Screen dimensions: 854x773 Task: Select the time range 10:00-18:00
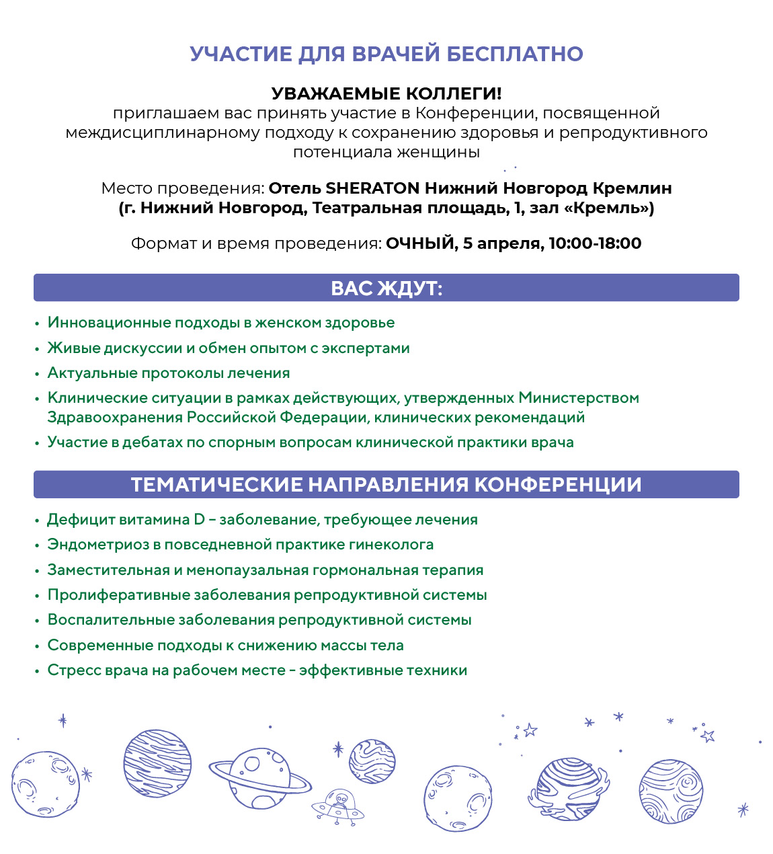coord(595,243)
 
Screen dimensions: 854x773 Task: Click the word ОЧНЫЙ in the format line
coord(420,243)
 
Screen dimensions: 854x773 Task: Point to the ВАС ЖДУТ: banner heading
coord(386,288)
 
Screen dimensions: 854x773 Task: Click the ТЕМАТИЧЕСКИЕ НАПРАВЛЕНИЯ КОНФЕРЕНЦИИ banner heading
coord(386,485)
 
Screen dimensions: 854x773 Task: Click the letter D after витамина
coord(199,520)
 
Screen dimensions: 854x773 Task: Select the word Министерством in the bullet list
coord(579,398)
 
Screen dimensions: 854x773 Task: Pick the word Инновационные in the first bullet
coord(108,323)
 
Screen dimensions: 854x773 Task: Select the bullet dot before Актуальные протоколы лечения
coord(38,374)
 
